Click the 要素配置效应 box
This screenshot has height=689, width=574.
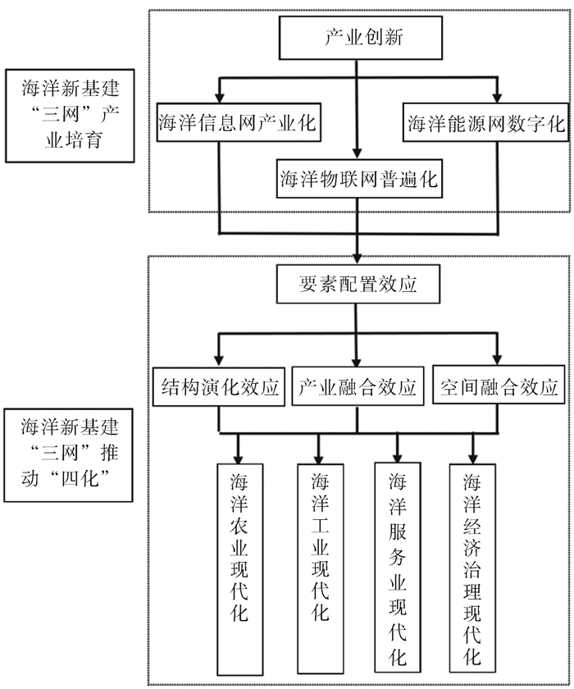click(358, 285)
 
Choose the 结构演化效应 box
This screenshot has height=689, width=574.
click(218, 386)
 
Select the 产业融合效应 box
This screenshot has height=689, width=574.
click(358, 386)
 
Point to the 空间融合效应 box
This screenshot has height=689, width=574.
click(499, 386)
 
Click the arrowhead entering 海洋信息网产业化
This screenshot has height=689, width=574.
click(219, 97)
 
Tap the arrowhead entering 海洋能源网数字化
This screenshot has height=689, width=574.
click(496, 97)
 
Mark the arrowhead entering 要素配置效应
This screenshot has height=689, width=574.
click(358, 257)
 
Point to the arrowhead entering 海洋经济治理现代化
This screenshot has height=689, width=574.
click(471, 455)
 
